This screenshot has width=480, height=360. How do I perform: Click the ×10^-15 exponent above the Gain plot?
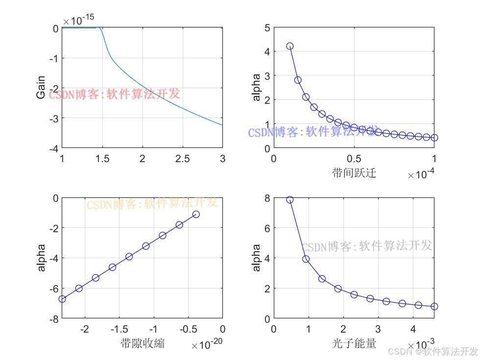[x=78, y=20]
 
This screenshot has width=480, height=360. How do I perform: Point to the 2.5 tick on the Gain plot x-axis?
[x=182, y=159]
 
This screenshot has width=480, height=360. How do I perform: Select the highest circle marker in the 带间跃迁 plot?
[x=289, y=46]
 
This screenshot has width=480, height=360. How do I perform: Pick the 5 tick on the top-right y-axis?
[x=266, y=28]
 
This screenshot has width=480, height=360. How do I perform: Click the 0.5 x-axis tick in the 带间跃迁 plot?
[x=354, y=159]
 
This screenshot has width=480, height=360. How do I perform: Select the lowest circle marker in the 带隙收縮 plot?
[x=62, y=299]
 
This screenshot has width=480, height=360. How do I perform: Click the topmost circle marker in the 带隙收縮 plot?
[x=196, y=215]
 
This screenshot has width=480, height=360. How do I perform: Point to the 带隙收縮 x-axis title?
[x=142, y=343]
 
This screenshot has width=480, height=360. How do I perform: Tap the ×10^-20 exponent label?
[x=208, y=346]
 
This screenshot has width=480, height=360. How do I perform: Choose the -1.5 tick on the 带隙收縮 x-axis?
[x=120, y=329]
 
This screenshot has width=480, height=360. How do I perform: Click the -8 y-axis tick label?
[x=53, y=318]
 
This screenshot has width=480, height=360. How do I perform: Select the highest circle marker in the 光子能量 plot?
[x=289, y=200]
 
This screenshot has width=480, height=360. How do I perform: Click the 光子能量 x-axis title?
[x=354, y=343]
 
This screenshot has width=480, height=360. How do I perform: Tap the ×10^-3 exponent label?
[x=421, y=346]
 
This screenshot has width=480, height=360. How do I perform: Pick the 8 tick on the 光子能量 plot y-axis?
[x=266, y=198]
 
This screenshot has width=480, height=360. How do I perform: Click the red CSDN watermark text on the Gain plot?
[x=114, y=94]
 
